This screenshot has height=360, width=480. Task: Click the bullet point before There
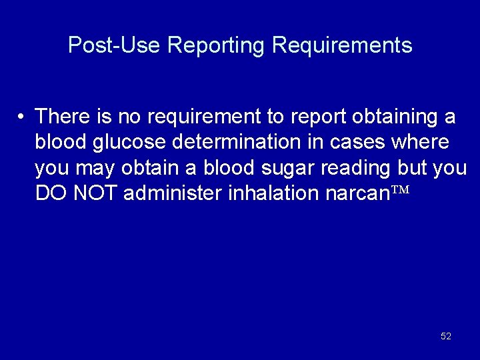(x=21, y=117)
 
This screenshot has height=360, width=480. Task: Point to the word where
(x=420, y=143)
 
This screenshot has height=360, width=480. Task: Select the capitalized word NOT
(x=95, y=193)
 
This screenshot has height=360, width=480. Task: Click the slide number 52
(x=446, y=337)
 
